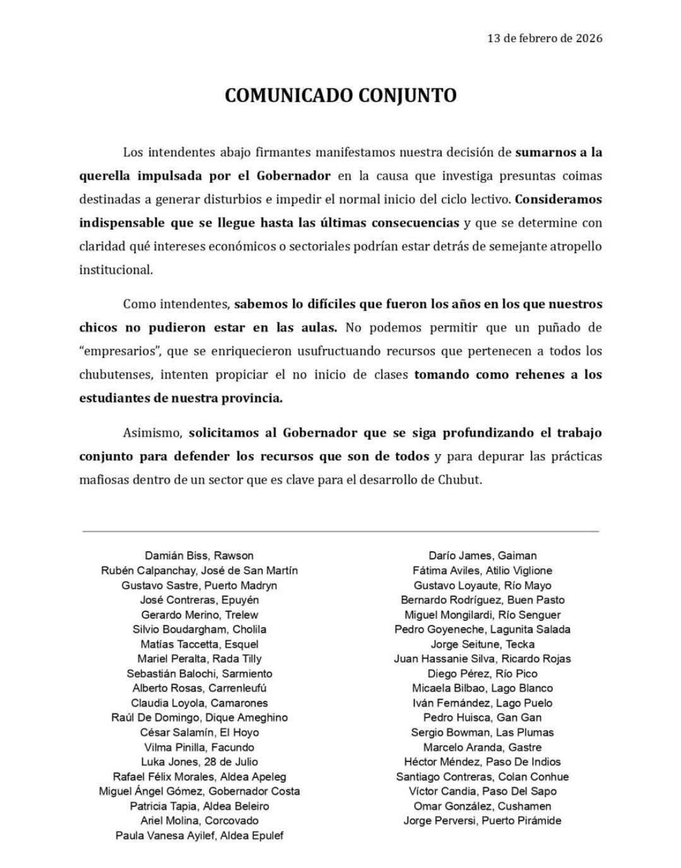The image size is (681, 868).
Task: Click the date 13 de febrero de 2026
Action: tap(545, 38)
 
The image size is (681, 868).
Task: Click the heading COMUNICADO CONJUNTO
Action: tap(340, 95)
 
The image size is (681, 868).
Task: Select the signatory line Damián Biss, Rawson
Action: tap(199, 556)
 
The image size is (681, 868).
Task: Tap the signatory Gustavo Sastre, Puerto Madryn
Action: tap(199, 585)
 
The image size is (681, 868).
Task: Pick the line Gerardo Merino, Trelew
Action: tap(199, 614)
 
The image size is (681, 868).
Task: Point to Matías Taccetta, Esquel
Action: tap(199, 644)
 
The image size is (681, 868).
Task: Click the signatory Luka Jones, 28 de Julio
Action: tap(199, 762)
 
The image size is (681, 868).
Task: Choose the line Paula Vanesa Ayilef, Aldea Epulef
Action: tap(199, 836)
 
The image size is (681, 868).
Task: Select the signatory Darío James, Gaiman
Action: tap(482, 556)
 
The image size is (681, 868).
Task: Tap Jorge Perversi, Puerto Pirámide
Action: tap(482, 821)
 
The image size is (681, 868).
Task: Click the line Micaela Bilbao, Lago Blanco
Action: tap(482, 688)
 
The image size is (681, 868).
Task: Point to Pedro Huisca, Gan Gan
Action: tap(482, 718)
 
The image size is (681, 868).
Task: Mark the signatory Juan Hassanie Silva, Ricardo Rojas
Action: tap(482, 659)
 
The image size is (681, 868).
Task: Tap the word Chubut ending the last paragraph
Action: tap(459, 480)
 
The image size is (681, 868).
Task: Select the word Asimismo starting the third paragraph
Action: tap(152, 433)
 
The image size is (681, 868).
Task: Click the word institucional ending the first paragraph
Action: tap(115, 270)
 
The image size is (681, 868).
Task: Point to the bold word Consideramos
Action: tap(559, 199)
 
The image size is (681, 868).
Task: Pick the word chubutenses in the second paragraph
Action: tap(115, 375)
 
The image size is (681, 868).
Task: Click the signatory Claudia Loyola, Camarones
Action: tap(199, 703)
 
